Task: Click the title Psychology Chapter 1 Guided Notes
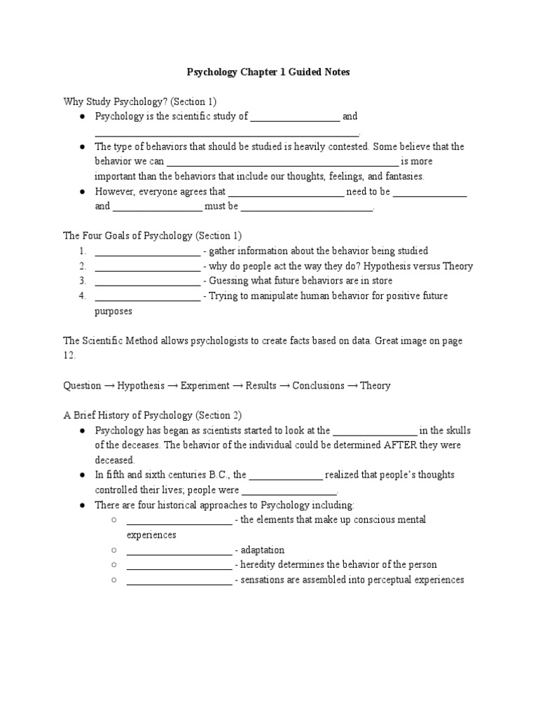click(268, 72)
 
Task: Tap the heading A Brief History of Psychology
click(153, 415)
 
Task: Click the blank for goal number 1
click(147, 251)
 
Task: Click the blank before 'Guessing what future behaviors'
click(147, 281)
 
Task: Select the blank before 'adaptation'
click(179, 550)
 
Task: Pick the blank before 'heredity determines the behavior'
click(179, 565)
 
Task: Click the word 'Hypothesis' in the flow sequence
click(141, 386)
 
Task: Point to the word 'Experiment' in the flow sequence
click(205, 386)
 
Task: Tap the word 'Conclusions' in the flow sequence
click(318, 386)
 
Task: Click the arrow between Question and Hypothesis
click(109, 386)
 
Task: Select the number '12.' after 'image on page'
click(69, 356)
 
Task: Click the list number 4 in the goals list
click(82, 296)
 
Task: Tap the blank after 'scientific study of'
click(295, 117)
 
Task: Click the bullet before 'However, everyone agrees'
click(82, 191)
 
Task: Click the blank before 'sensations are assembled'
click(179, 580)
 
